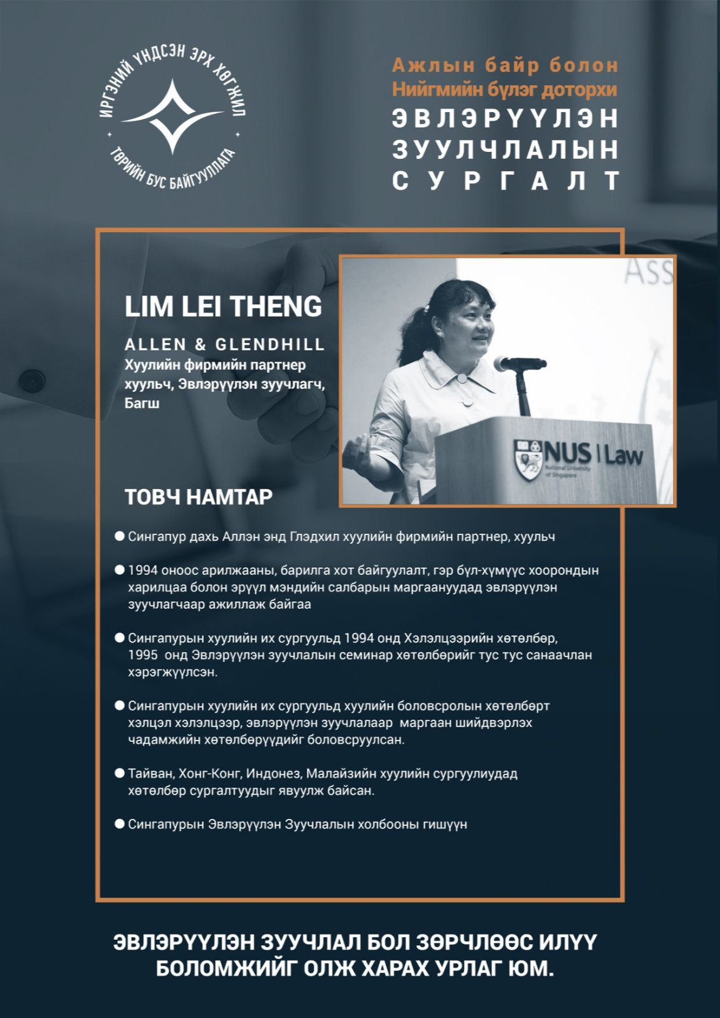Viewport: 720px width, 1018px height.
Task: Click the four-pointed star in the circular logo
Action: point(172,117)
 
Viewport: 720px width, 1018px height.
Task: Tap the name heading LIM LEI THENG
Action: point(223,306)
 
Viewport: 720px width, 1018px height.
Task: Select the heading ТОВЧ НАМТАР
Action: point(199,497)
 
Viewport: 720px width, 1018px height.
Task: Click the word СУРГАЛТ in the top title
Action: point(505,181)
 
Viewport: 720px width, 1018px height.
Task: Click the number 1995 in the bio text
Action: point(143,655)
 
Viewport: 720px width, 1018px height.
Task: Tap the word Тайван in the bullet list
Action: point(150,774)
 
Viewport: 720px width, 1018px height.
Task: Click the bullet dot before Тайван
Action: point(119,773)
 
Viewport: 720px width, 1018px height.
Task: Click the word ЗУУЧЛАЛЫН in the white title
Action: point(505,150)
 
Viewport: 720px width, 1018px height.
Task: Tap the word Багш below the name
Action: point(142,403)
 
